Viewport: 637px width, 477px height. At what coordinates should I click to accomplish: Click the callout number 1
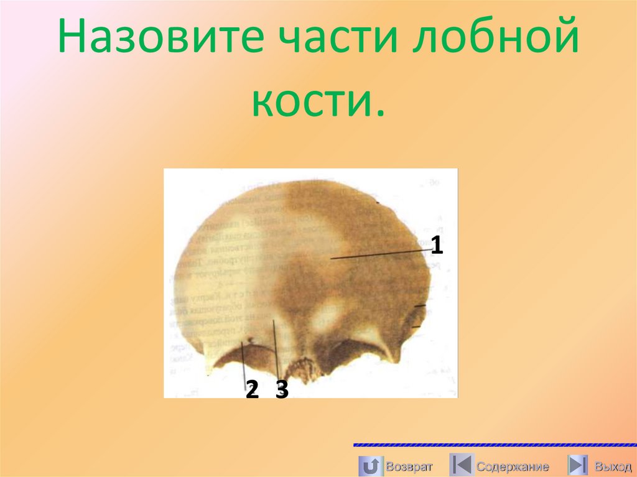[437, 246]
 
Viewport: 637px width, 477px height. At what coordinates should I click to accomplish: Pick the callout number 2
[251, 390]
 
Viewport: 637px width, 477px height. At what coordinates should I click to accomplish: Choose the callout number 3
[282, 390]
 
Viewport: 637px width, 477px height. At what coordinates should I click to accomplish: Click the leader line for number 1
[379, 253]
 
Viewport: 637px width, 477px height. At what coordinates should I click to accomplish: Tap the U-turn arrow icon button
[370, 466]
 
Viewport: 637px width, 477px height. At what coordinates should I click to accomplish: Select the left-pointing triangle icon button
[461, 466]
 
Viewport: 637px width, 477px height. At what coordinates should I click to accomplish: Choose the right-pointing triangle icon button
[578, 466]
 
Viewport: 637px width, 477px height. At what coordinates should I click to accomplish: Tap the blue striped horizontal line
[495, 445]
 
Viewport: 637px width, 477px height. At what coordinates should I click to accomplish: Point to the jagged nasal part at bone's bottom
[301, 370]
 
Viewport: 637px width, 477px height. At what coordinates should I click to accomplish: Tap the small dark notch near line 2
[250, 340]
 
